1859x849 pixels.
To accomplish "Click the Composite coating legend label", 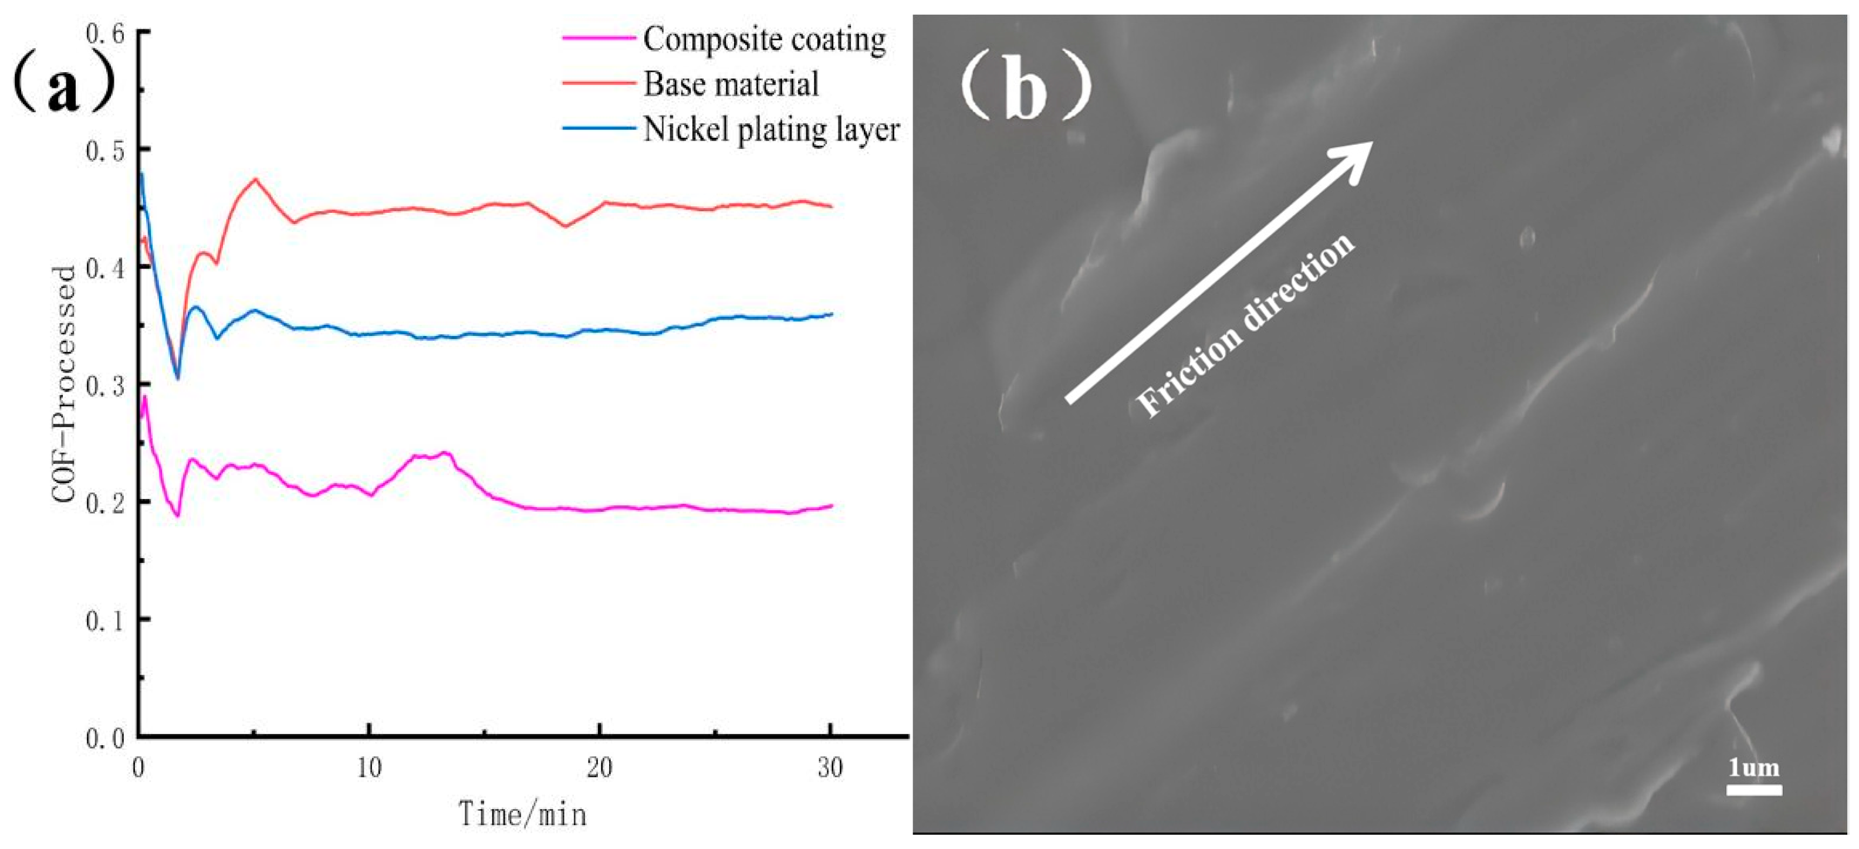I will point(764,40).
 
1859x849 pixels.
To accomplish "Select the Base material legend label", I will point(731,84).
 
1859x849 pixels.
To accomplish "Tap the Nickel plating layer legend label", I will point(770,130).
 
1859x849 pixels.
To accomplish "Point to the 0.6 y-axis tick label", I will point(106,33).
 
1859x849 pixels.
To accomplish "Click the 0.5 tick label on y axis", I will point(106,151).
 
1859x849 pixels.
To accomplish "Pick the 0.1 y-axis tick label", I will point(106,620).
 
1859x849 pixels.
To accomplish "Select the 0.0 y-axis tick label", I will point(106,739).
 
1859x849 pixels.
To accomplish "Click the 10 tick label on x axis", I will point(370,768).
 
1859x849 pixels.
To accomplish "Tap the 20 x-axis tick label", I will point(600,768).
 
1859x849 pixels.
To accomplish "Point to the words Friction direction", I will point(1245,326).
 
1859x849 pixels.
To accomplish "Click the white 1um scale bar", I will point(1753,790).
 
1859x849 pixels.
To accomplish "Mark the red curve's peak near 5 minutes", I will point(255,179).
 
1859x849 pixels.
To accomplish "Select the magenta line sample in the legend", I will point(599,37).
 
